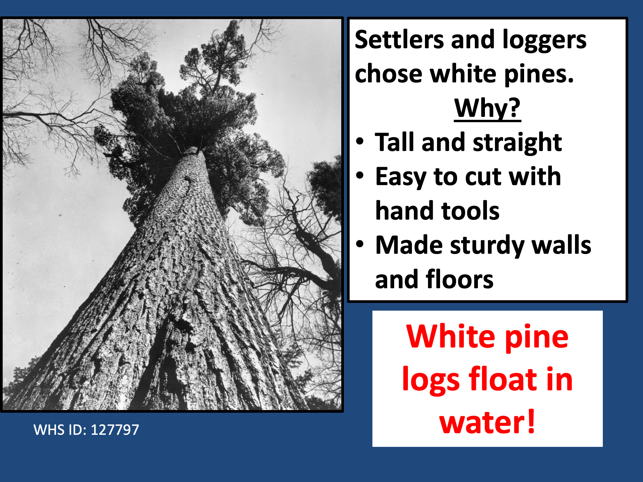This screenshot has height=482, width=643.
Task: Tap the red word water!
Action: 487,422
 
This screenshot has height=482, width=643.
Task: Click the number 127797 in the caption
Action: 115,430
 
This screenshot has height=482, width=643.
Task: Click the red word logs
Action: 431,381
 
